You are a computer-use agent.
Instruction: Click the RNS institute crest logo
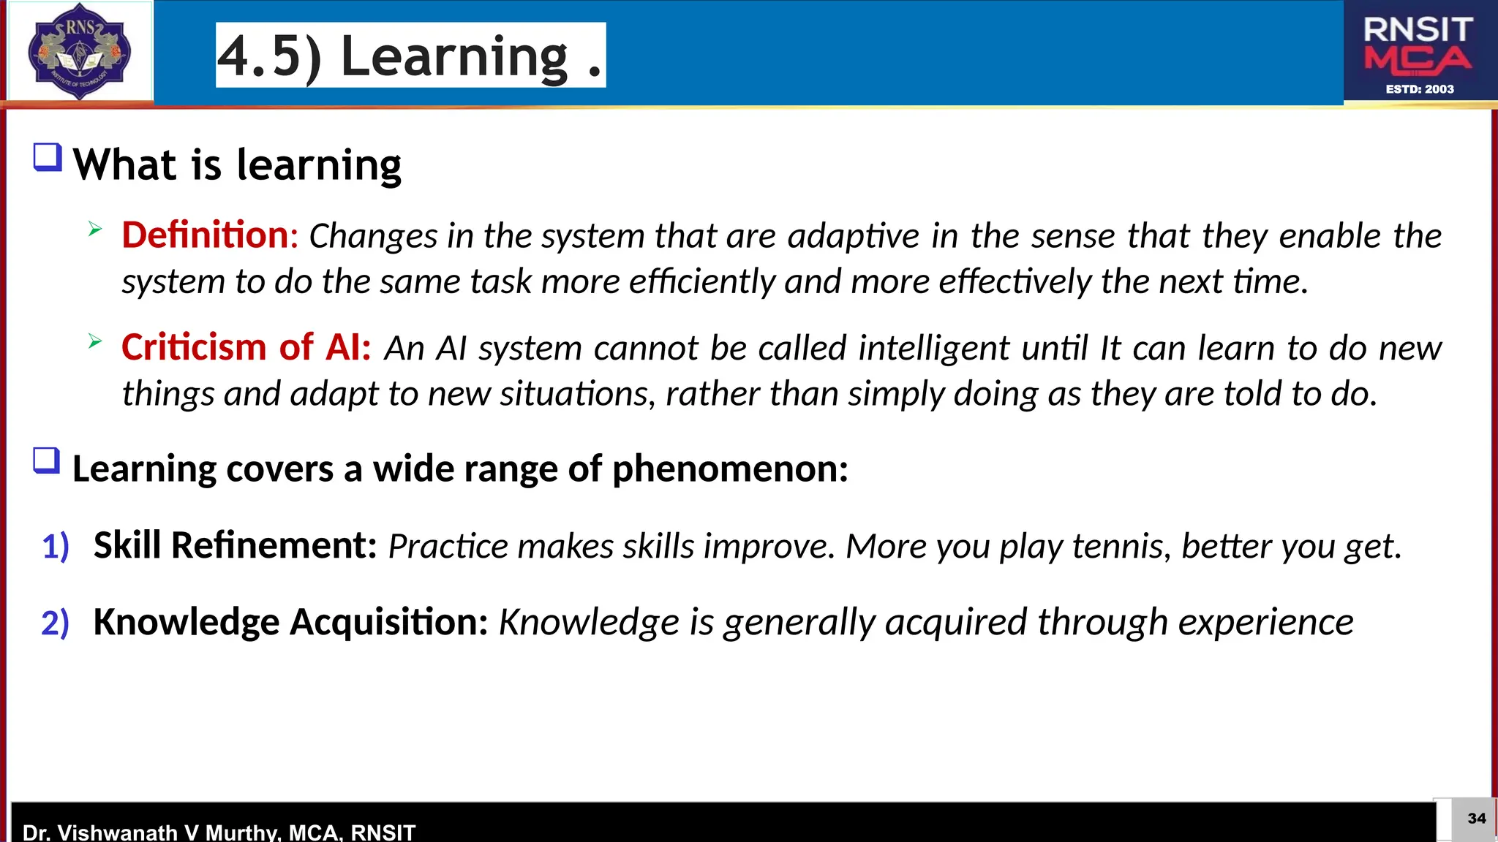[x=79, y=51]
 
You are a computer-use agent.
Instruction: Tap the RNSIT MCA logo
[x=1418, y=51]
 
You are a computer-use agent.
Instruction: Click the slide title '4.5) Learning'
[x=410, y=56]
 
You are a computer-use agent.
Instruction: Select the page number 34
[x=1476, y=818]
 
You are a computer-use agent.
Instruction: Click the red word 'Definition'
[x=206, y=235]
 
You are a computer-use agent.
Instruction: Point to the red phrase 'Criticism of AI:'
[x=246, y=347]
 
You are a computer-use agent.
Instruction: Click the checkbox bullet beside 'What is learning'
[x=48, y=157]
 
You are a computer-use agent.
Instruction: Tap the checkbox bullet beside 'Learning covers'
[x=47, y=461]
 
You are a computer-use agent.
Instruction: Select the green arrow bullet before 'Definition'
[x=95, y=229]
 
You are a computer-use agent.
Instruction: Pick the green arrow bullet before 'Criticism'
[x=95, y=341]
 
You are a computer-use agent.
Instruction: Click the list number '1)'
[x=56, y=547]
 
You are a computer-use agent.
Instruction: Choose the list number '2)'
[x=56, y=623]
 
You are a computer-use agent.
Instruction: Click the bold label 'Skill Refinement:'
[x=235, y=545]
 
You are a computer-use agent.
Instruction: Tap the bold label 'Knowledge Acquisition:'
[x=290, y=622]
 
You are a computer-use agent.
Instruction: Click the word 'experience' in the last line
[x=1265, y=623]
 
